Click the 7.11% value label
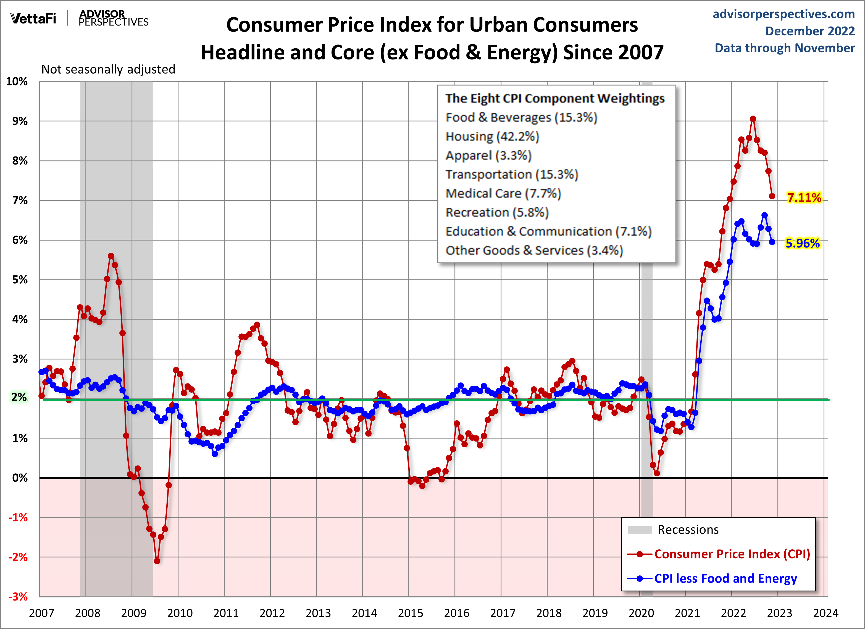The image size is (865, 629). pos(804,198)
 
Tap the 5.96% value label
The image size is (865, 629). pos(803,243)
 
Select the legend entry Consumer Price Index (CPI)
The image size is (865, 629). pos(732,554)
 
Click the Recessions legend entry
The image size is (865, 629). pos(688,529)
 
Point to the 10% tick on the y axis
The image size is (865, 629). pos(17,81)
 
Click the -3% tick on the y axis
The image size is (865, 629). pos(18,597)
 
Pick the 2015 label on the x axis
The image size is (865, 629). pos(410,613)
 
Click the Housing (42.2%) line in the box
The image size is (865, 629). pos(492,136)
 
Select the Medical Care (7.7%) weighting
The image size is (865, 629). pos(503,194)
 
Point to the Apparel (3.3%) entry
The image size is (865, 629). pos(488,155)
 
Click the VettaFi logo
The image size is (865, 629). pos(33,18)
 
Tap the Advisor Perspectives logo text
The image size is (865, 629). pos(113,18)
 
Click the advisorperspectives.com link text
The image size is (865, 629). pos(784,14)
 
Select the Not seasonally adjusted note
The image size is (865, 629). pos(108,69)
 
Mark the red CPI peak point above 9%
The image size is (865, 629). pos(753,119)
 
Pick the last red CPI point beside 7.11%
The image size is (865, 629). pos(772,196)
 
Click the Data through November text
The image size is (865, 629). pos(785,48)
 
